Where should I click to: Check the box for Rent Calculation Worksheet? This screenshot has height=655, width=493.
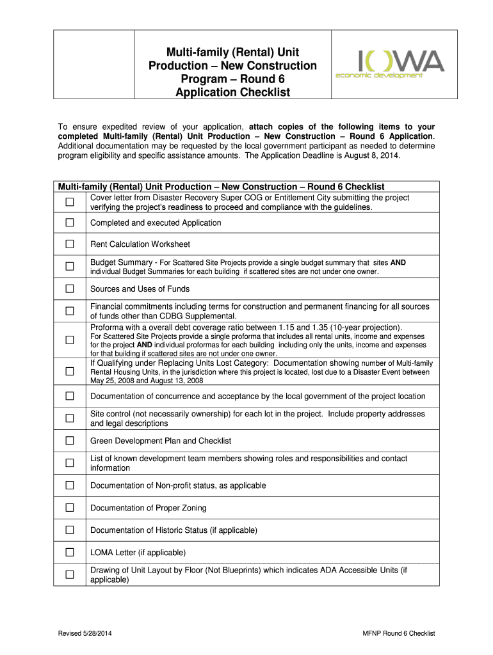pos(70,244)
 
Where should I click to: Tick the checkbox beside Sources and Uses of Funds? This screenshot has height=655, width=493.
pos(70,289)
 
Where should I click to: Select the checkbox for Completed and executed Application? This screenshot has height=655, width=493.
pos(70,223)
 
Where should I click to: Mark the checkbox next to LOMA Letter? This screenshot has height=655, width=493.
pos(70,552)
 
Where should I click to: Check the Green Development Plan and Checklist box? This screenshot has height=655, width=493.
pos(70,441)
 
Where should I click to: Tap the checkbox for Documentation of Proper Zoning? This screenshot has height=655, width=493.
pos(70,508)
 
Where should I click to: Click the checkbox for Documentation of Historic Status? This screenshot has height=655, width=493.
pos(70,530)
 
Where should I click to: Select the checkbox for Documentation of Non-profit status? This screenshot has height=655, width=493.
pos(70,485)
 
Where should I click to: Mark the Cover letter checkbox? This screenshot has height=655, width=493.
pos(70,202)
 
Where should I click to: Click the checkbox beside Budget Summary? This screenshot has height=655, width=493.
pos(70,267)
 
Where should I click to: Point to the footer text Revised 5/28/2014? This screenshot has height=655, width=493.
pos(86,633)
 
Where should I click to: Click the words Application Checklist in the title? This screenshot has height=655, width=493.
pos(232,92)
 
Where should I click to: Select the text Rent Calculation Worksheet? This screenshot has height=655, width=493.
pos(140,244)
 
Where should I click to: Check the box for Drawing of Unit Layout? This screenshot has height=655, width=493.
pos(70,574)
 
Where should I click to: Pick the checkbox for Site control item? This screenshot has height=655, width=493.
pos(70,418)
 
